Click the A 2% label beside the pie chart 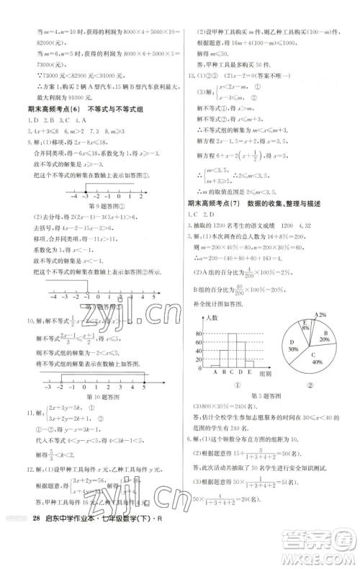(321, 315)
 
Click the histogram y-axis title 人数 (211, 318)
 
